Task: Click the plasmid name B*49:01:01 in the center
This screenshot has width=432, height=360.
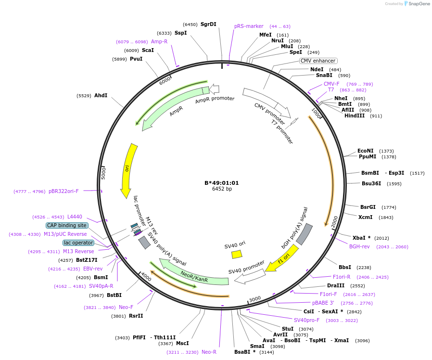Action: pyautogui.click(x=222, y=183)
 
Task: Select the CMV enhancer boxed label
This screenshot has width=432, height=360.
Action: pyautogui.click(x=318, y=61)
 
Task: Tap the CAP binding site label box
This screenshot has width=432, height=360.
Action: pyautogui.click(x=67, y=225)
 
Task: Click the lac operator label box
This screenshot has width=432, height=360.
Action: pyautogui.click(x=78, y=243)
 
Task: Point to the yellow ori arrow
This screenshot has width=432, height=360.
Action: pyautogui.click(x=128, y=170)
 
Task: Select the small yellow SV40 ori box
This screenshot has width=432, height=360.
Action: pyautogui.click(x=237, y=254)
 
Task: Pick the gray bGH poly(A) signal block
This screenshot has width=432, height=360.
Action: pyautogui.click(x=304, y=234)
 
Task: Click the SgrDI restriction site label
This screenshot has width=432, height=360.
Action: pyautogui.click(x=208, y=24)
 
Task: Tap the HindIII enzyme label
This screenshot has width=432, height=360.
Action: pyautogui.click(x=355, y=116)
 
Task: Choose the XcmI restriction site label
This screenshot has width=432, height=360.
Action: pyautogui.click(x=366, y=217)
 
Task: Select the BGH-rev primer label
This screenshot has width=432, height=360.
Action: pyautogui.click(x=359, y=246)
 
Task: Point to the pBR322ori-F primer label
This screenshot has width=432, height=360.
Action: pyautogui.click(x=64, y=191)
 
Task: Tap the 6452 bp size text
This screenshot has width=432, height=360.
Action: pyautogui.click(x=222, y=189)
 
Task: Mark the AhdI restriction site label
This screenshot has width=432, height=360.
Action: pyautogui.click(x=101, y=95)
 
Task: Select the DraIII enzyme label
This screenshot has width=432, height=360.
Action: pyautogui.click(x=336, y=285)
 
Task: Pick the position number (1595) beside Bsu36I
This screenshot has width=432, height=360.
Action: pyautogui.click(x=392, y=183)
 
